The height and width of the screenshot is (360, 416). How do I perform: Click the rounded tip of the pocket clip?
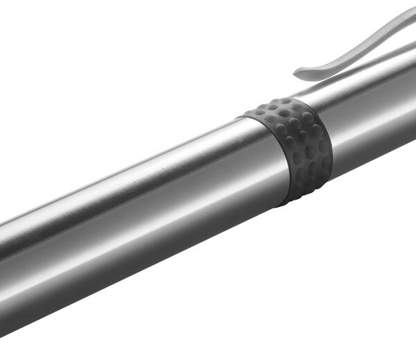[298, 73]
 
